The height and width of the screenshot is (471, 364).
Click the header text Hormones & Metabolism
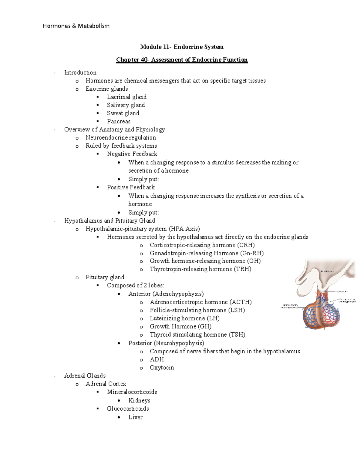pos(76,26)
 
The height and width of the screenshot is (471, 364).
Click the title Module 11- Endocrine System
pos(182,47)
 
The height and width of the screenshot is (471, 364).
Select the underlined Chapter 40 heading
pos(182,60)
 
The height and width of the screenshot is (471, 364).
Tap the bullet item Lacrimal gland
pos(126,97)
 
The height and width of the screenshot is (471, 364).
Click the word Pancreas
pos(119,122)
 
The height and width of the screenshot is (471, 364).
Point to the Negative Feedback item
pos(132,154)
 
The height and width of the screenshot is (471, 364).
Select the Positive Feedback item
pos(131,187)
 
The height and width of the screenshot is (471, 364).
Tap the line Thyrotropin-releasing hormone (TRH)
pos(200,269)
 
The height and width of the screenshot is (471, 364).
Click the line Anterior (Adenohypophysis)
pos(166,294)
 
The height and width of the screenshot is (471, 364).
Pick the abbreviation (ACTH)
pos(241,302)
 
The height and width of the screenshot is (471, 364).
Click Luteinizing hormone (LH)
pos(184,318)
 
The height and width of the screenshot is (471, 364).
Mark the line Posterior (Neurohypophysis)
pos(166,343)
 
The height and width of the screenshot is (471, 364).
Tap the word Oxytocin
pos(162,368)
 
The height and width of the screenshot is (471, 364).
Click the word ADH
pos(157,359)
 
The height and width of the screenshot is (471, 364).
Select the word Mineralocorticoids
pos(132,392)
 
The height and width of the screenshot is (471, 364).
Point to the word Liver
pos(135,417)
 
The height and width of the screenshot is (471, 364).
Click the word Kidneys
pos(139,401)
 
